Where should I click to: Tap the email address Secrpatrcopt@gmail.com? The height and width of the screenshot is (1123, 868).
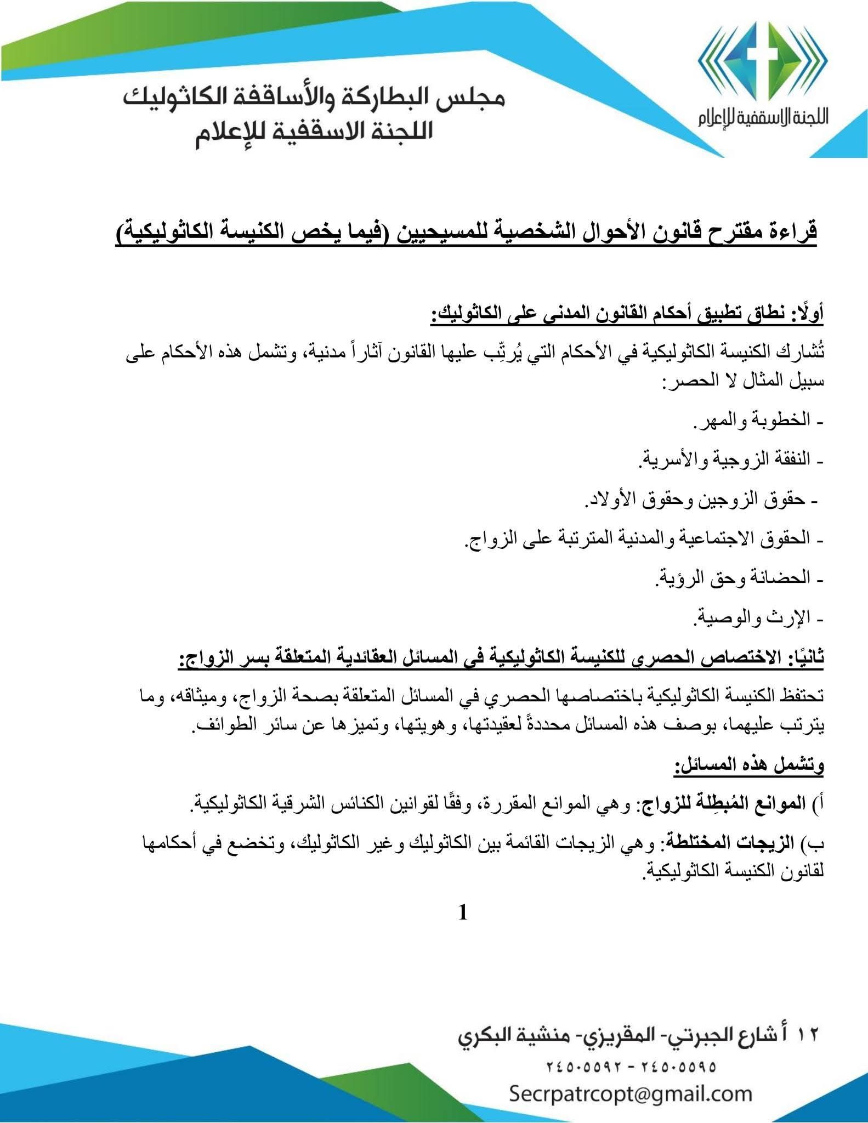click(x=631, y=1093)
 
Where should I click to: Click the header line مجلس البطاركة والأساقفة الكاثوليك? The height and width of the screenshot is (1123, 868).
click(x=314, y=100)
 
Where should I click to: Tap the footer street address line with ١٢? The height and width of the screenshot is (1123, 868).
click(x=639, y=1036)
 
